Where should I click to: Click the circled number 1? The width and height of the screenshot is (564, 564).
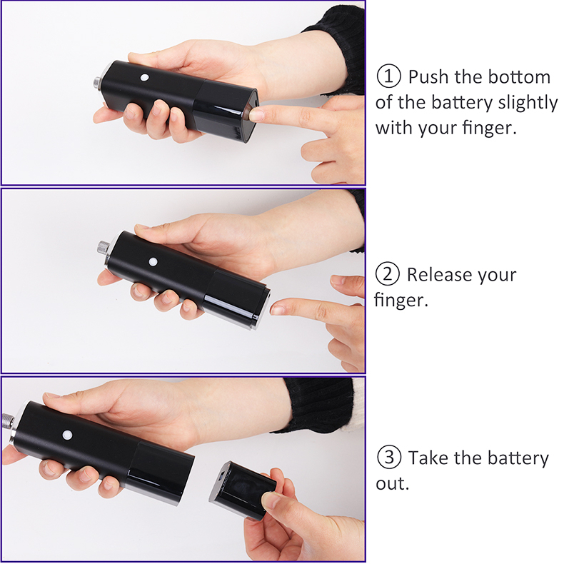(388, 76)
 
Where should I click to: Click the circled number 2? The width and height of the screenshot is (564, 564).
(388, 273)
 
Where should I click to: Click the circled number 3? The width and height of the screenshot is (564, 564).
(389, 457)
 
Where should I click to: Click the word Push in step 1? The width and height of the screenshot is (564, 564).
(429, 76)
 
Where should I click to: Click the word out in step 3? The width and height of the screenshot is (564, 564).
(393, 484)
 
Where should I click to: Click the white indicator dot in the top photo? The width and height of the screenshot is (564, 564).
(145, 77)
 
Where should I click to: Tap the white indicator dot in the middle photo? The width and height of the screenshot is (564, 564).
(153, 261)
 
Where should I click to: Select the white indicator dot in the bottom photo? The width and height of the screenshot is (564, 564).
(67, 435)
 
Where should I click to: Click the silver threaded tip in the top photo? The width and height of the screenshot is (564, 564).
(97, 82)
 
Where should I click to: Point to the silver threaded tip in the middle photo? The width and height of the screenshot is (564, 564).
(104, 248)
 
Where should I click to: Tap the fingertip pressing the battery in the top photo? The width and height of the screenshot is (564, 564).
(256, 114)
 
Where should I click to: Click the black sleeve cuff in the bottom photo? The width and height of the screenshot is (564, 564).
(316, 403)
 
